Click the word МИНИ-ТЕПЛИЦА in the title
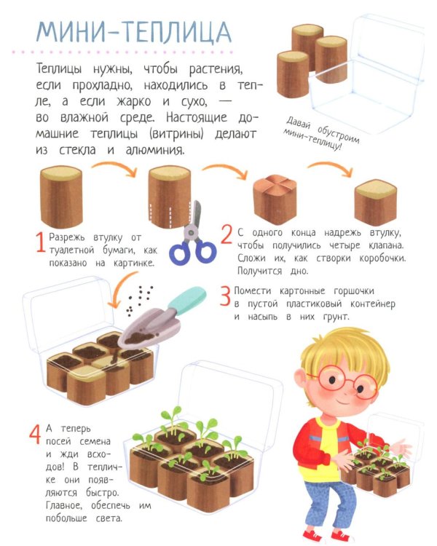click(x=134, y=33)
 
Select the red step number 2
click(x=227, y=234)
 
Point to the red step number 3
click(x=226, y=296)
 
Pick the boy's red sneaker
click(x=312, y=537)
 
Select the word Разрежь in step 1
click(x=69, y=237)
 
